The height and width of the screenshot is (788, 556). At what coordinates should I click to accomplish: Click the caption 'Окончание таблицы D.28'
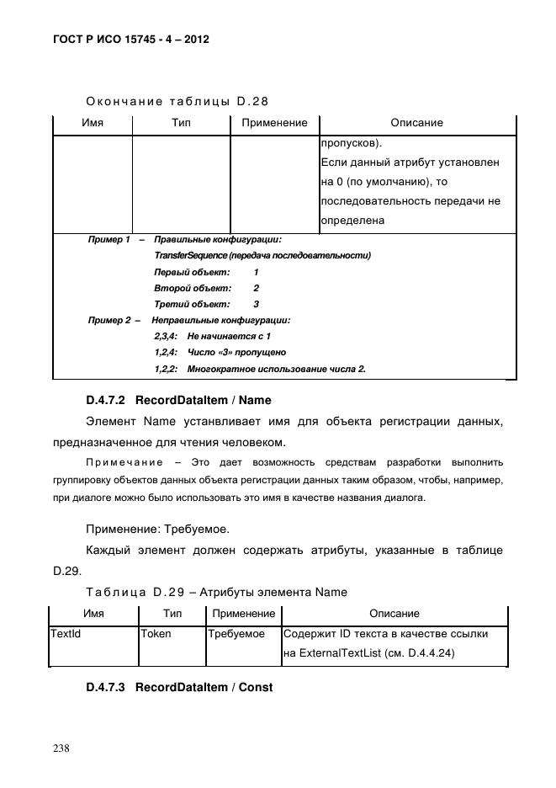[177, 102]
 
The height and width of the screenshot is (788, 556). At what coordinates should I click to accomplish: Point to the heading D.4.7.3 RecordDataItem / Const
[179, 687]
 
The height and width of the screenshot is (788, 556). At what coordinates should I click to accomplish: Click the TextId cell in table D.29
[66, 633]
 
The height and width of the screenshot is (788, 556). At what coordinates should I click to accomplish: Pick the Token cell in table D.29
[155, 633]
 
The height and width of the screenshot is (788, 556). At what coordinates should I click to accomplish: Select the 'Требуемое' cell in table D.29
[237, 633]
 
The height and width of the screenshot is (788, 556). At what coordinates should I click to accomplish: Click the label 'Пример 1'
[109, 240]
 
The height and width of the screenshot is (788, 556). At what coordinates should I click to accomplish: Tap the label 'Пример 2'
[109, 320]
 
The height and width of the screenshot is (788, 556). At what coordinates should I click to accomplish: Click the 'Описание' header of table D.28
[416, 123]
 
